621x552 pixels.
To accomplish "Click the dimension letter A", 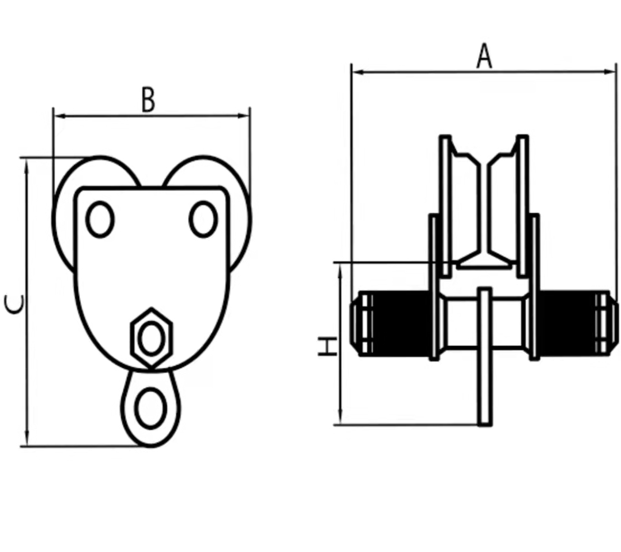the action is [484, 56].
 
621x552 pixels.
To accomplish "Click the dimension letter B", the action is [148, 100].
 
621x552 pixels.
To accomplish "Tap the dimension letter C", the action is [14, 304].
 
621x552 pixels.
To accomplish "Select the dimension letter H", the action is [328, 346].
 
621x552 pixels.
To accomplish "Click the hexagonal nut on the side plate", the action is [151, 338].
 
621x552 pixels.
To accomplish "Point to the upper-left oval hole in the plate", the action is [100, 219].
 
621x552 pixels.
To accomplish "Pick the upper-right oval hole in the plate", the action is [203, 219].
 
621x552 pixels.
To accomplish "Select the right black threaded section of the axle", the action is [567, 324].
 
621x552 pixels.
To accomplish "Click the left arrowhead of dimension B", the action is [59, 116].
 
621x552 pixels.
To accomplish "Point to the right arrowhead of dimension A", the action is [609, 72].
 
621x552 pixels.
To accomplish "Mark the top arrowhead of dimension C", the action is [27, 165].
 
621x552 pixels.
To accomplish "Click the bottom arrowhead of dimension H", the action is [340, 418].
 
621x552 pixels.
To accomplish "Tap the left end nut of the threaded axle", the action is [361, 324].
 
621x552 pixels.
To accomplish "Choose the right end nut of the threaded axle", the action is [607, 324].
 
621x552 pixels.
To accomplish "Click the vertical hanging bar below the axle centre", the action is [484, 356].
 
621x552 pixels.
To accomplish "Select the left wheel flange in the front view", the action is [446, 206].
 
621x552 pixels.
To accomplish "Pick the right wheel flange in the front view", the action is [522, 206].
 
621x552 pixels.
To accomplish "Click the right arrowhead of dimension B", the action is [243, 116].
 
